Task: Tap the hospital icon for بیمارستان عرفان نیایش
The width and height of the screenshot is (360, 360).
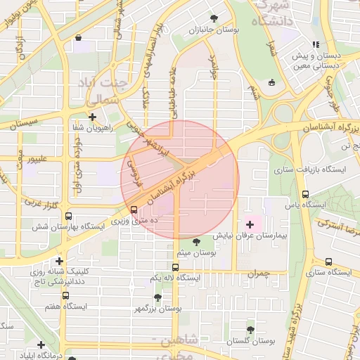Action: pyautogui.click(x=251, y=224)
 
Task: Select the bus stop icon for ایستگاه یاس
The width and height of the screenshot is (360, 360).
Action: pyautogui.click(x=305, y=194)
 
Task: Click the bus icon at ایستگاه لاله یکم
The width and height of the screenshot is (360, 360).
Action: pyautogui.click(x=175, y=267)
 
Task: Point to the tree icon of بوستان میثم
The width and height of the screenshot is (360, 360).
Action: pyautogui.click(x=196, y=241)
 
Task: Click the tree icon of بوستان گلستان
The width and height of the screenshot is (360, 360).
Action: pyautogui.click(x=250, y=328)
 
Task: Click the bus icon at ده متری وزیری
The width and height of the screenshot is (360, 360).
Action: pyautogui.click(x=134, y=210)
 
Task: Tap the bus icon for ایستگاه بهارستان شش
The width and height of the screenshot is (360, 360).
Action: pyautogui.click(x=68, y=217)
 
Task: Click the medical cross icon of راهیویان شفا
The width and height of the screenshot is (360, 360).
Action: pyautogui.click(x=93, y=117)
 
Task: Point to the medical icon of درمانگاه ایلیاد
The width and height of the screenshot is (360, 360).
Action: pyautogui.click(x=41, y=345)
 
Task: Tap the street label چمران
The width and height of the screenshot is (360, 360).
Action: pyautogui.click(x=259, y=274)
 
